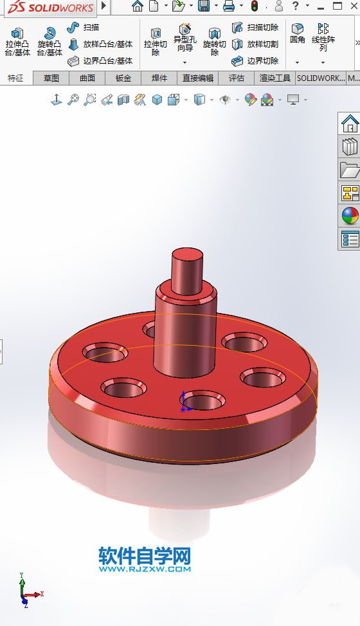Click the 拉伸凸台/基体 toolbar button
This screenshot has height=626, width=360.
[17, 41]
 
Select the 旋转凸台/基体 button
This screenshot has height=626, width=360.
[50, 41]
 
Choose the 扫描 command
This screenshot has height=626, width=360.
[84, 28]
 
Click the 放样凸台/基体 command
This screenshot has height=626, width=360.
[100, 44]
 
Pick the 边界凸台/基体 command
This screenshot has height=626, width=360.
[100, 61]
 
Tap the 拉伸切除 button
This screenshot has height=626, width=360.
[155, 41]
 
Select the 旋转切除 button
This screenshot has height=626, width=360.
[215, 41]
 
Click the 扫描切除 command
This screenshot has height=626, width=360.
[255, 28]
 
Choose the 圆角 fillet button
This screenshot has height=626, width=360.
[297, 33]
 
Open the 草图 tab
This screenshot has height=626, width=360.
[51, 78]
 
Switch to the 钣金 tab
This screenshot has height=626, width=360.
[123, 78]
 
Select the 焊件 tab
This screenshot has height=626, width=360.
[159, 78]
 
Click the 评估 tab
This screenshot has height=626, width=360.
[237, 78]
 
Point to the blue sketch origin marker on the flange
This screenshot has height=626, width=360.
[183, 401]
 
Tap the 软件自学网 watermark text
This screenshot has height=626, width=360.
[145, 555]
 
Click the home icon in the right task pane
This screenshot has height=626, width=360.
[350, 123]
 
